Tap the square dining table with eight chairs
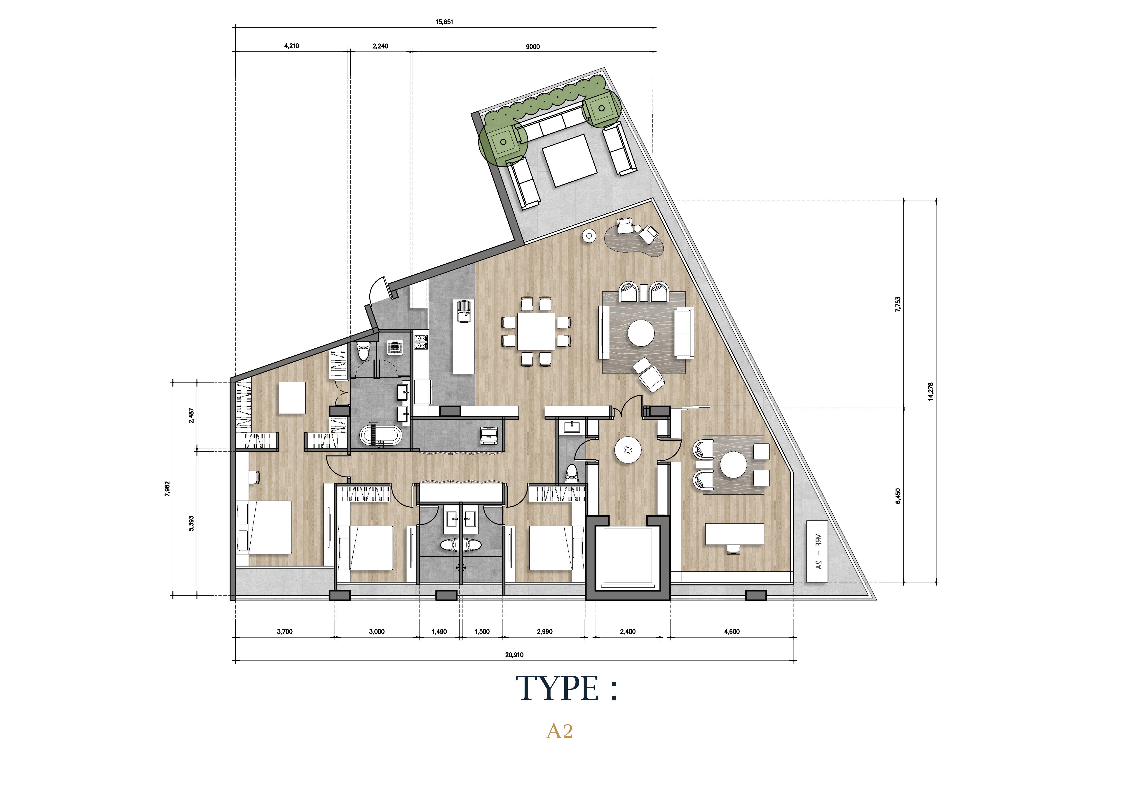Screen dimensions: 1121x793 (536, 331)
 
